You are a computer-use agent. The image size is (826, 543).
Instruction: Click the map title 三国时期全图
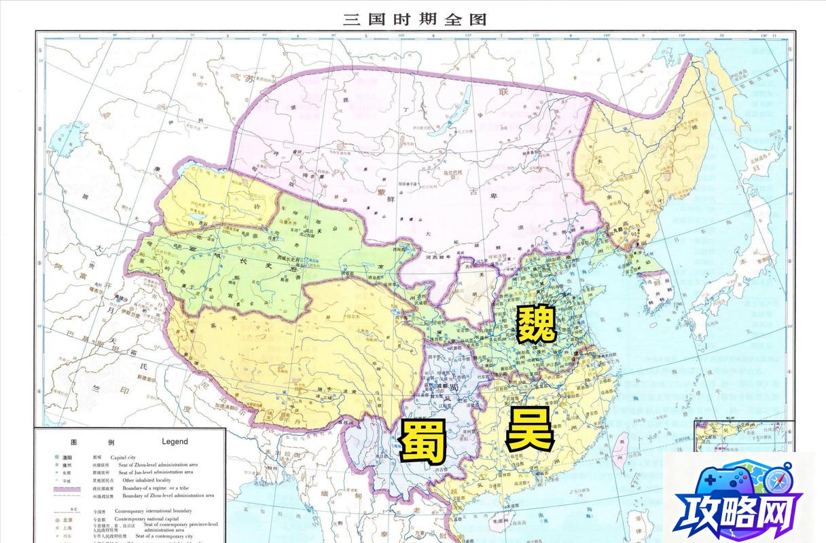pyautogui.click(x=414, y=18)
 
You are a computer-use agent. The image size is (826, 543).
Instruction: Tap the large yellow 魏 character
pyautogui.click(x=537, y=324)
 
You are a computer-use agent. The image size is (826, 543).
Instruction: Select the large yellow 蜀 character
pyautogui.click(x=423, y=442)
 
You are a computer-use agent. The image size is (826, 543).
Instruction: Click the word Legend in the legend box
pyautogui.click(x=175, y=441)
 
